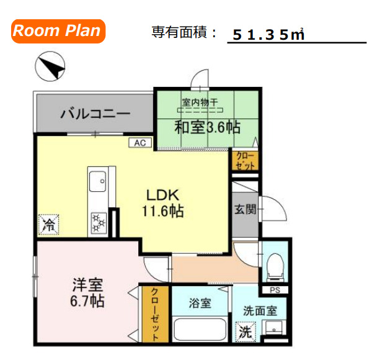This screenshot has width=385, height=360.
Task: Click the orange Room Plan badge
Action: [x=58, y=31]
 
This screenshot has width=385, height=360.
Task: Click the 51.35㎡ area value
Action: [x=268, y=35]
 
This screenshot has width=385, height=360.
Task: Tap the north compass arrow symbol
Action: [x=50, y=66]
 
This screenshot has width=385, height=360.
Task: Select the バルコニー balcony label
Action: [x=95, y=114]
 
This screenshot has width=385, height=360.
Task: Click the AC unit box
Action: [x=140, y=143]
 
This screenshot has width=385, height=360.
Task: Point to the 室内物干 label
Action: [x=200, y=102]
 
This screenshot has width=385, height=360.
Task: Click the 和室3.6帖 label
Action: [x=208, y=127]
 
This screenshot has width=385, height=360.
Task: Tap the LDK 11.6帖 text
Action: [x=163, y=203]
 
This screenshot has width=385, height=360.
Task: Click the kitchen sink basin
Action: [x=98, y=181]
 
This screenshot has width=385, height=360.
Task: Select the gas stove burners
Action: [x=99, y=223]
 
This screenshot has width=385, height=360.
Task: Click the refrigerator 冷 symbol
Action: [x=49, y=225]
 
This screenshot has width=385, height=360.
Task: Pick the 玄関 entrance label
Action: [x=246, y=210]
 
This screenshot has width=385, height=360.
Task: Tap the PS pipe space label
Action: [x=275, y=290]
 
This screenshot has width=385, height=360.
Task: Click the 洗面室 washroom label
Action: [x=260, y=311]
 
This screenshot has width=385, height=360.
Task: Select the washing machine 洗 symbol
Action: [x=246, y=332]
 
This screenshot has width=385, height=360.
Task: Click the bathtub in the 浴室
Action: [x=200, y=329]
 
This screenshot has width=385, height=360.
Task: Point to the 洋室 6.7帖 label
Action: [x=87, y=292]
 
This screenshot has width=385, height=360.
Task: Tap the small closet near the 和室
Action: [x=245, y=160]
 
